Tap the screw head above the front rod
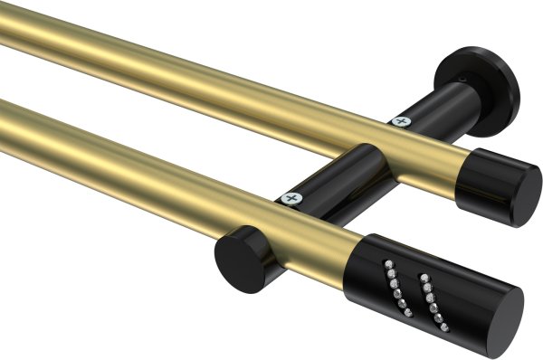pos(291,196)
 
